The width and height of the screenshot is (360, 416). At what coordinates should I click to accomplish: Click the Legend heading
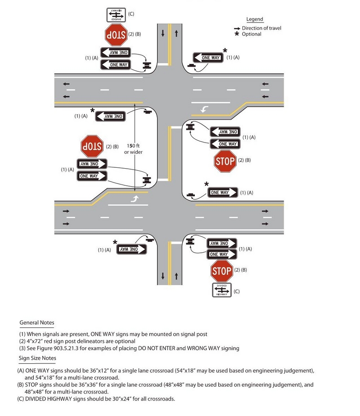point(255,19)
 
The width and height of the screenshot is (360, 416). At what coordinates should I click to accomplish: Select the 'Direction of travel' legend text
point(261,28)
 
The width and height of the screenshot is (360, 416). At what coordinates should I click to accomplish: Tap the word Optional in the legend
point(252,34)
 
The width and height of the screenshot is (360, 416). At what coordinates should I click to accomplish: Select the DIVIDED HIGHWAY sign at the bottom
point(222,290)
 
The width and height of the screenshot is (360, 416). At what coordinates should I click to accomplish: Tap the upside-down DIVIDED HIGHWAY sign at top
point(116,14)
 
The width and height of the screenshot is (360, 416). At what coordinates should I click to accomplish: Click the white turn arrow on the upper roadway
point(205,109)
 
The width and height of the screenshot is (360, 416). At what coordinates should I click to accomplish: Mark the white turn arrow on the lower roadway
point(135,198)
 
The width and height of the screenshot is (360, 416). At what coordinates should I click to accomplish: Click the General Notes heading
point(37,323)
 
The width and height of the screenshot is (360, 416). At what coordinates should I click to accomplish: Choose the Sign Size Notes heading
point(38,358)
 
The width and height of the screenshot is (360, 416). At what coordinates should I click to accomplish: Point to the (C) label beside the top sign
point(131,14)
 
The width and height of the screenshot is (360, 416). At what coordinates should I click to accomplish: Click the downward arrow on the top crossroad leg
point(162,34)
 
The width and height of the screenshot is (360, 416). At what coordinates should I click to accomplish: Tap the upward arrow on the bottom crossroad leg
point(176,275)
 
